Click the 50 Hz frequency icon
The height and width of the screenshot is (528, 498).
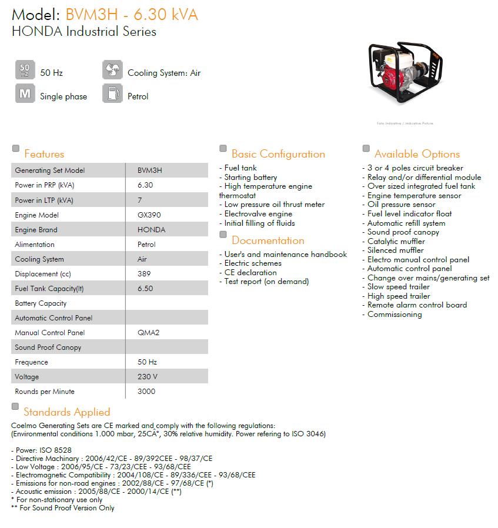pyautogui.click(x=25, y=70)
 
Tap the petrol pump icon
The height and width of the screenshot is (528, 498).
pyautogui.click(x=112, y=93)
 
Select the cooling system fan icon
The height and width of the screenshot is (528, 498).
pyautogui.click(x=112, y=70)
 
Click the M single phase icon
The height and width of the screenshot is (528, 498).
pyautogui.click(x=25, y=93)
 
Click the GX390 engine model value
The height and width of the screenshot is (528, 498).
pyautogui.click(x=146, y=215)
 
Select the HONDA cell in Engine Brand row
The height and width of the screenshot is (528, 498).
pyautogui.click(x=151, y=230)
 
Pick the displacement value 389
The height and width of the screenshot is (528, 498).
pyautogui.click(x=144, y=274)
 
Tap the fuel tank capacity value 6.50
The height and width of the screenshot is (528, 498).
pyautogui.click(x=145, y=289)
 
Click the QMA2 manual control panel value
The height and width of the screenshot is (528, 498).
pyautogui.click(x=148, y=333)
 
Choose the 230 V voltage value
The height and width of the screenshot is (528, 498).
pyautogui.click(x=147, y=377)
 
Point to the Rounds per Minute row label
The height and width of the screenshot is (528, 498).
pyautogui.click(x=45, y=392)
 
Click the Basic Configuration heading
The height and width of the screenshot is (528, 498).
pyautogui.click(x=278, y=154)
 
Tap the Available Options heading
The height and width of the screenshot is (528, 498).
pyautogui.click(x=417, y=154)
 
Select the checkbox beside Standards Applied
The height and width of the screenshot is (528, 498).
pyautogui.click(x=15, y=407)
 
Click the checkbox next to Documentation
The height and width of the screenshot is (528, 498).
pyautogui.click(x=223, y=235)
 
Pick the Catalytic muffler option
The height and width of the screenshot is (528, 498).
pyautogui.click(x=396, y=241)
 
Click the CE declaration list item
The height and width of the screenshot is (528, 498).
pyautogui.click(x=250, y=272)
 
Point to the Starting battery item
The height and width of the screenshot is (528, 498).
pyautogui.click(x=250, y=177)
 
